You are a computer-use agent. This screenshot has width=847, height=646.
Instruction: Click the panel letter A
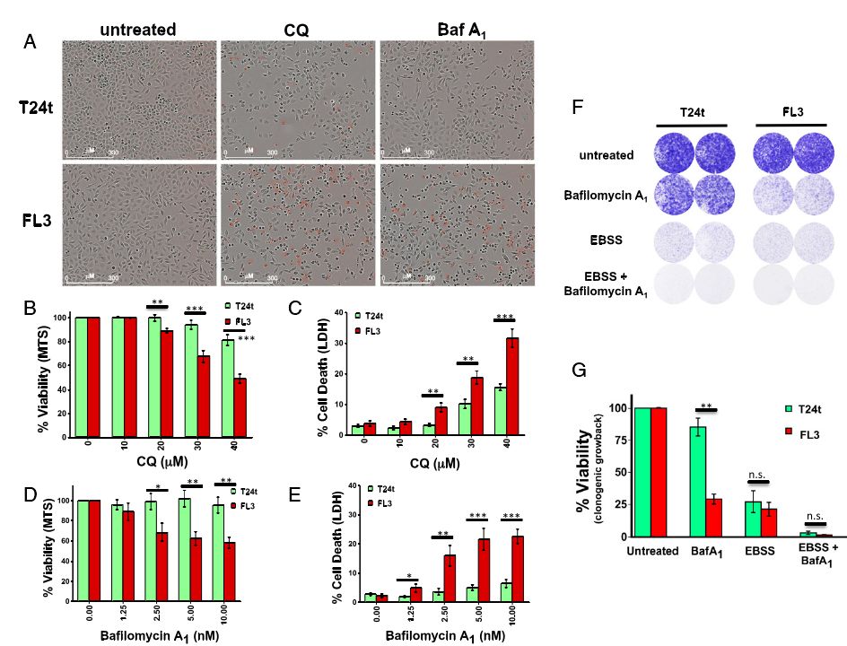tap(31, 42)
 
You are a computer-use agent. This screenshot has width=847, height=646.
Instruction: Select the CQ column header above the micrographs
tap(296, 30)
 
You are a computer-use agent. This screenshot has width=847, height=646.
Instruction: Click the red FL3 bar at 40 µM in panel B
tap(240, 406)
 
